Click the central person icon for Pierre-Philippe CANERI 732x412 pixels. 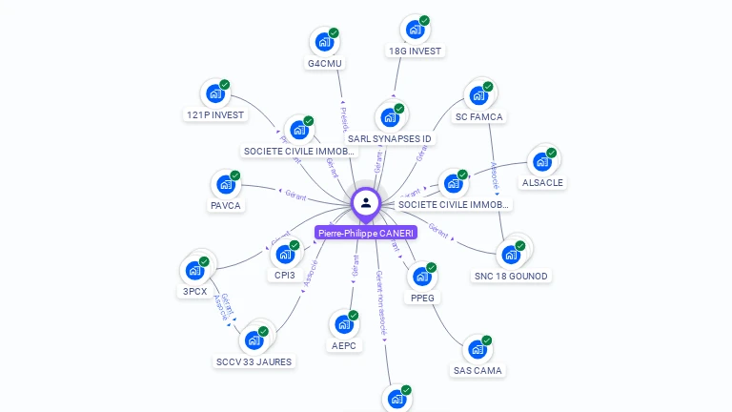366,202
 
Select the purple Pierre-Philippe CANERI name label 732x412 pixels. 366,233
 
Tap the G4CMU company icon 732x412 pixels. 324,43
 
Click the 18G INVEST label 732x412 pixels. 416,51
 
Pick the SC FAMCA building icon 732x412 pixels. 478,96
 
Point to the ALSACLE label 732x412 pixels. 542,182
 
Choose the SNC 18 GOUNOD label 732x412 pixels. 512,276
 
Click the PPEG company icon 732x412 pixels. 422,277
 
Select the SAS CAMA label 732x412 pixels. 477,370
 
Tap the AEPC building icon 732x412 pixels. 344,324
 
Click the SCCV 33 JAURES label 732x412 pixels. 254,361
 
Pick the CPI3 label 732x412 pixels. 285,275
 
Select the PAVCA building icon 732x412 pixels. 226,184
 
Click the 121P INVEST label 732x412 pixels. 214,114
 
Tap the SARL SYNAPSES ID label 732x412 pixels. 390,138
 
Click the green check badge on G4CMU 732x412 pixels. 334,33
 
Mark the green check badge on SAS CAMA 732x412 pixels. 486,340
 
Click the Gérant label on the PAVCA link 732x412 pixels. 295,194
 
